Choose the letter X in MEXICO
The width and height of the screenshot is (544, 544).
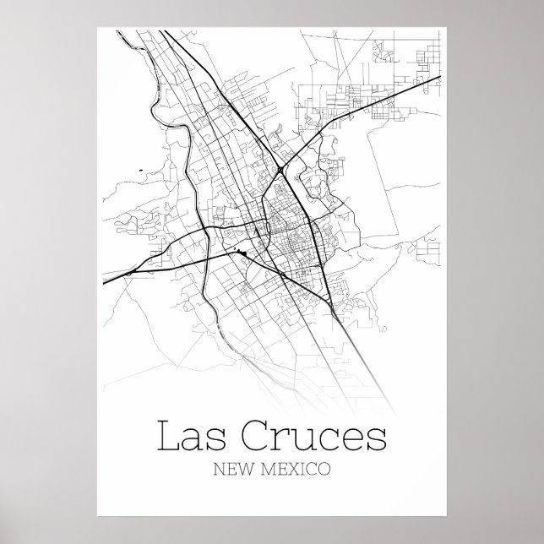click(x=293, y=466)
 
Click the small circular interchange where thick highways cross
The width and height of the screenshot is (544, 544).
click(x=279, y=171)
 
